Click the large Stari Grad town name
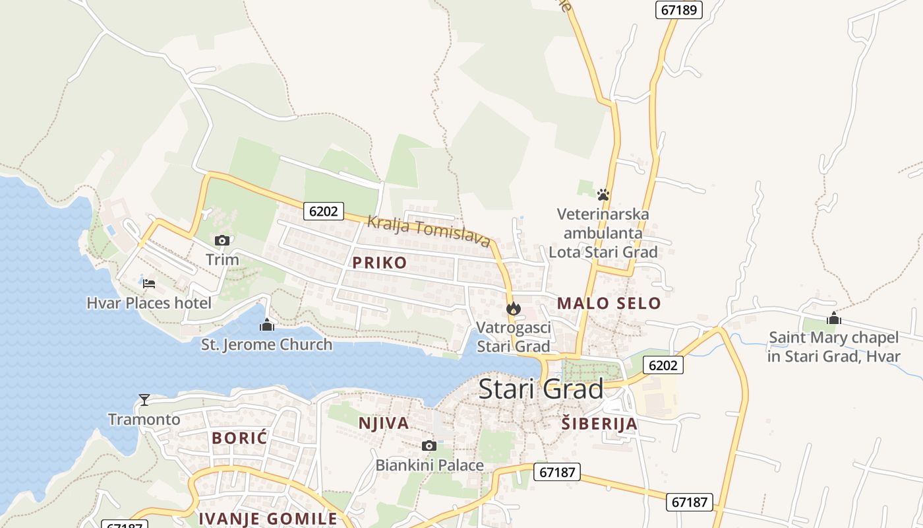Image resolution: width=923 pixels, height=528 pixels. pos(541,389)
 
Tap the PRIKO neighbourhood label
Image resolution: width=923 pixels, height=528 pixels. pos(379,263)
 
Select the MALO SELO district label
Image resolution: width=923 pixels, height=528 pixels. pos(609,304)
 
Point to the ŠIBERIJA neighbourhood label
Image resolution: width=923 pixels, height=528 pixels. pos(599,424)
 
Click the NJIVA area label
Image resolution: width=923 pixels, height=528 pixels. pos(383,423)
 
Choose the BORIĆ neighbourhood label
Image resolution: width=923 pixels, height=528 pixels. pos(239,438)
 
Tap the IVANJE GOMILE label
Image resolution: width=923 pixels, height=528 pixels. pos(268,519)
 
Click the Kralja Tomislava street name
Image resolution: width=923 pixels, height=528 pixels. pos(429,231)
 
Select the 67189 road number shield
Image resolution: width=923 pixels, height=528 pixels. pos(679,9)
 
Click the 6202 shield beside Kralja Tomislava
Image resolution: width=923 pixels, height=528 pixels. pos(324,211)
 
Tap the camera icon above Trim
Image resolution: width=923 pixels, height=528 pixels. pos(222,240)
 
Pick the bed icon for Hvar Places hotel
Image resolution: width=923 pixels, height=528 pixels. pos(149,284)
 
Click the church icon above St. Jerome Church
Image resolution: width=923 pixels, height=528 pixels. pos(267,325)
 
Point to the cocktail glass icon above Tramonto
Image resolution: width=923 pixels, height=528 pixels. pos(144,399)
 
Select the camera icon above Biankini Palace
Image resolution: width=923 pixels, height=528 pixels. pos(429,446)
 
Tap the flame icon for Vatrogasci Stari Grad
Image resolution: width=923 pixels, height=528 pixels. pos(513,308)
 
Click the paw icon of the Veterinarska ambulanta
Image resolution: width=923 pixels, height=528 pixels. pos(603,195)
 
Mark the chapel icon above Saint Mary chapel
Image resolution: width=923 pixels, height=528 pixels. pos(834,318)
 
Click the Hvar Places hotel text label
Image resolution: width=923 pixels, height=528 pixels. pos(149,304)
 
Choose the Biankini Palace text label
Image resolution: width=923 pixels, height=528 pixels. pos(429,465)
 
